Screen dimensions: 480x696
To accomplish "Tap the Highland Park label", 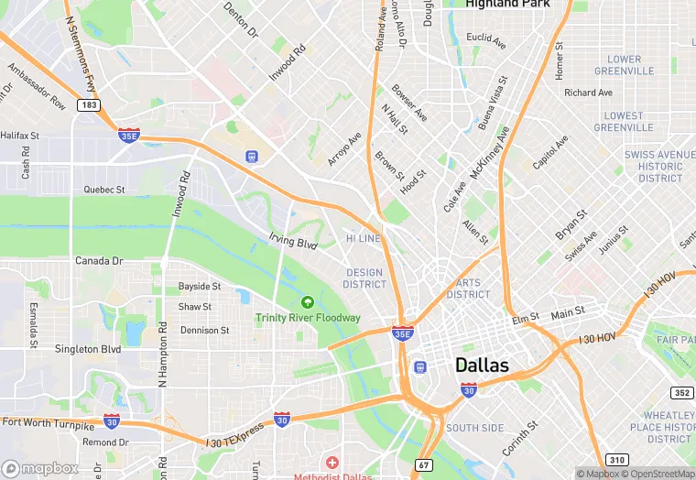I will pos(506,4).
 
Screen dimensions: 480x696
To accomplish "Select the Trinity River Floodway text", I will pos(308,318).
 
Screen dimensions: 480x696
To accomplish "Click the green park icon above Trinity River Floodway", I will pos(308,301).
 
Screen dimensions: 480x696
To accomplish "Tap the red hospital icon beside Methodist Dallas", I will pos(332,463).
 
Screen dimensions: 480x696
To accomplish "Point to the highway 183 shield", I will pos(89,105).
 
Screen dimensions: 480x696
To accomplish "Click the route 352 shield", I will pos(680,393).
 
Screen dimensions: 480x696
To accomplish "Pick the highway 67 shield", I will pos(422,465).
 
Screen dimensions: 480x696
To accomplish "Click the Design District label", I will pos(364,278).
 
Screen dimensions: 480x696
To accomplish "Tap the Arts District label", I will pos(468,289).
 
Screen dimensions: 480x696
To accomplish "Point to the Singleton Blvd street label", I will pos(88,349).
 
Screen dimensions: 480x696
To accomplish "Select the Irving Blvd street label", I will pos(293,243).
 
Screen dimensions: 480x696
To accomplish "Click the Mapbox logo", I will pos(40,468).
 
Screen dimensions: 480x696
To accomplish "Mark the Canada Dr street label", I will pos(99,261).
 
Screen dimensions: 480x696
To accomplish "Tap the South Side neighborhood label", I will pos(474,428).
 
